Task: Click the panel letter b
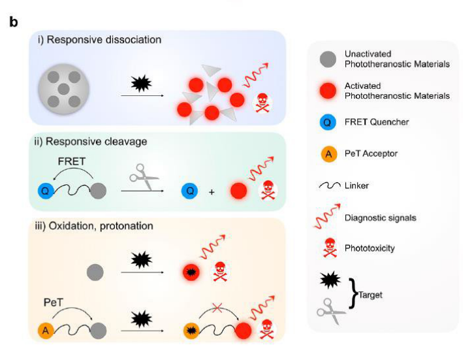13,22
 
